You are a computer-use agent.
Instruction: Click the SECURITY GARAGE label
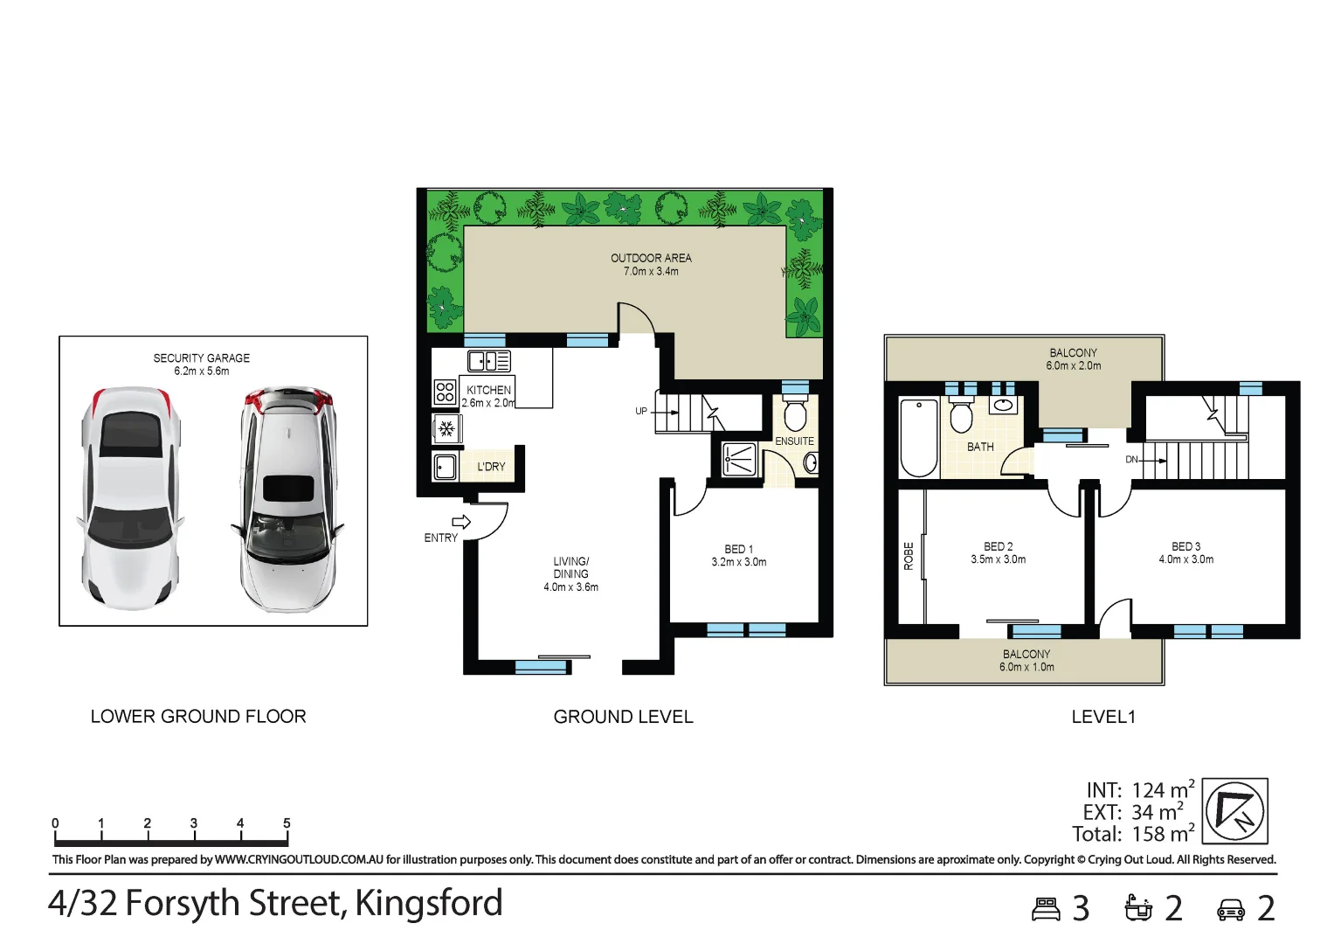201,358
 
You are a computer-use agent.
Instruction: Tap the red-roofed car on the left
132,497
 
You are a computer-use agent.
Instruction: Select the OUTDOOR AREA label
651,258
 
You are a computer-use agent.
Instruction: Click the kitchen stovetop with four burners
445,391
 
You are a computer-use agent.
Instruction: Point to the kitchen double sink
488,360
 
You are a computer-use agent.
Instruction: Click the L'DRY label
491,467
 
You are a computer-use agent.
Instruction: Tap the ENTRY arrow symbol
461,523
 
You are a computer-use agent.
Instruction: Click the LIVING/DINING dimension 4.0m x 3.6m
570,587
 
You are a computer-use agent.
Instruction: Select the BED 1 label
738,549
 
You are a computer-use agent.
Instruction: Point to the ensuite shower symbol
739,459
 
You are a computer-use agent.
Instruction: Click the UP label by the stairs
641,411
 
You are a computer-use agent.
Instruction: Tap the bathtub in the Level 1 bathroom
918,437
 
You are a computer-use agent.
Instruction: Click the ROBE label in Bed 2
909,556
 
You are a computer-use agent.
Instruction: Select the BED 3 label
1185,546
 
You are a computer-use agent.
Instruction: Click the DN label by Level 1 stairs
1131,459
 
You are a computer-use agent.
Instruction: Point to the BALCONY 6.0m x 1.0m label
1026,661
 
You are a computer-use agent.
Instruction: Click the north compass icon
1234,810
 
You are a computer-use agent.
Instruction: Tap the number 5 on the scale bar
287,823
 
